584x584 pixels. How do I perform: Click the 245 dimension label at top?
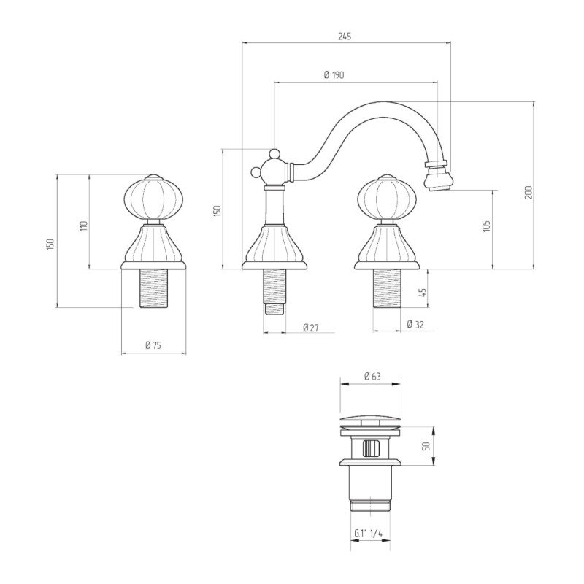pyautogui.click(x=345, y=36)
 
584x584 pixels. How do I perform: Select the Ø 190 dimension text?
pyautogui.click(x=334, y=75)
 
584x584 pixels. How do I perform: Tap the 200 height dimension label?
pyautogui.click(x=529, y=192)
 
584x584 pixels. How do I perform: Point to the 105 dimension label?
pyautogui.click(x=486, y=226)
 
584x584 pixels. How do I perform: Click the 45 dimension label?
pyautogui.click(x=422, y=293)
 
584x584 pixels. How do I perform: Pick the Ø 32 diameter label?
pyautogui.click(x=415, y=324)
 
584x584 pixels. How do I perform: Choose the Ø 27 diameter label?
pyautogui.click(x=311, y=328)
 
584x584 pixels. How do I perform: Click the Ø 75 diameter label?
pyautogui.click(x=153, y=345)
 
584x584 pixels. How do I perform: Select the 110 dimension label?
pyautogui.click(x=84, y=226)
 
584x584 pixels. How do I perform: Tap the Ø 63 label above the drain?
pyautogui.click(x=372, y=376)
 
